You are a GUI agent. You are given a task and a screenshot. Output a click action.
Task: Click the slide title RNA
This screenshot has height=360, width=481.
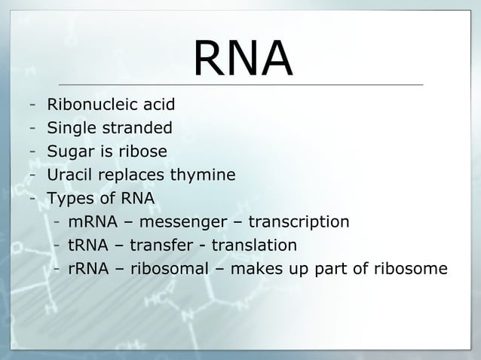click(x=242, y=58)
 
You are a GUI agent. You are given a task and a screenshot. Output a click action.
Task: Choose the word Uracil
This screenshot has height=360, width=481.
click(x=68, y=175)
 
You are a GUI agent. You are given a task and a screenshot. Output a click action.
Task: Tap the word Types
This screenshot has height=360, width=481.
click(x=67, y=200)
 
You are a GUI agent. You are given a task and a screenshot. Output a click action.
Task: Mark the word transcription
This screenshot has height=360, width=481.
click(x=299, y=222)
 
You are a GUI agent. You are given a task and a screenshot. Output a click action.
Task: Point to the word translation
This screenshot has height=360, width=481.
click(x=254, y=246)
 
